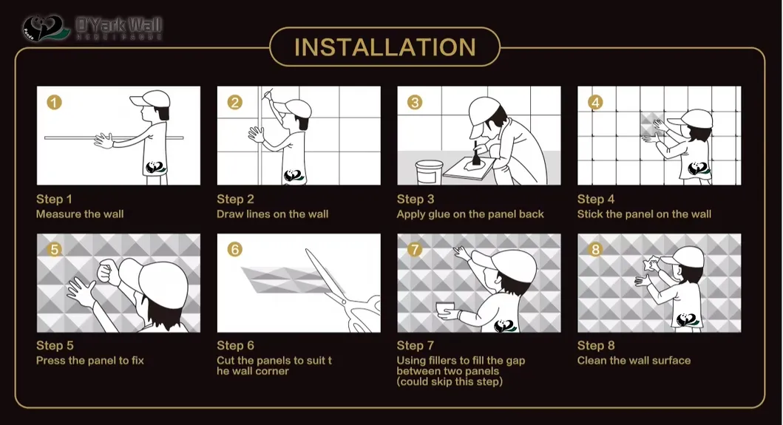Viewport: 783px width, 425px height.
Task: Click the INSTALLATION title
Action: coord(384,47)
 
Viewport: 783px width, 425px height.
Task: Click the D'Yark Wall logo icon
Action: coord(46,29)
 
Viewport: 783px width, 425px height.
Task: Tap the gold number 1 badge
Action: coord(54,102)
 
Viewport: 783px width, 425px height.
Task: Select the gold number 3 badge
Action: coord(415,102)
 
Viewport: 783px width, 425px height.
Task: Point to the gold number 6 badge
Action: coord(234,249)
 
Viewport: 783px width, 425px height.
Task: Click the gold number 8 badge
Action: coord(595,249)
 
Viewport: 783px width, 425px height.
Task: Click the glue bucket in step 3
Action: coord(428,173)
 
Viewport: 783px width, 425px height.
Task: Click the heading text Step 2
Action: coord(235,199)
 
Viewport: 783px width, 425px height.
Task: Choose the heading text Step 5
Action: coord(55,345)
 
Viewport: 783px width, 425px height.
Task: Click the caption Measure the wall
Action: coord(80,214)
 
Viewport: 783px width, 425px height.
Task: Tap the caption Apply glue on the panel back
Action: coord(470,214)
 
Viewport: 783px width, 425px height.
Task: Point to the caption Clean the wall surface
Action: coord(634,361)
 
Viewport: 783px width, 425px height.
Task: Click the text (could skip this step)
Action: coord(450,382)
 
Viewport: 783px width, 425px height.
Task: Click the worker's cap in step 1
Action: coord(157,100)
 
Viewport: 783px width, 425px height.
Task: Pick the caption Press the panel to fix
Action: coord(89,361)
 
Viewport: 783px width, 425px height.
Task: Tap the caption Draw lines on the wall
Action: coord(272,214)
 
